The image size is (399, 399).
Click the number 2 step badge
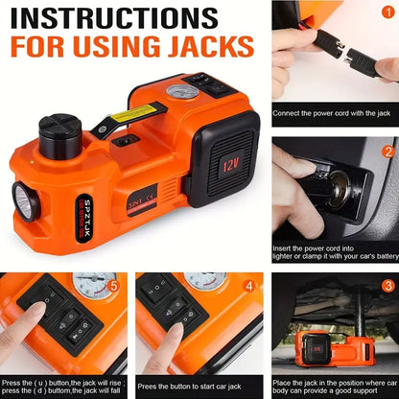tap(388, 152)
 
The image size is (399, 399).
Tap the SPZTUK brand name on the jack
tap(81, 217)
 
